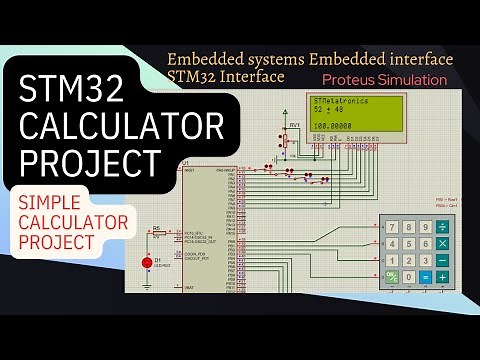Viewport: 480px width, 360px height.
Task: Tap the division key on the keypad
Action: tap(442, 226)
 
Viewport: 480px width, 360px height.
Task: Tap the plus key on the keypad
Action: tap(442, 276)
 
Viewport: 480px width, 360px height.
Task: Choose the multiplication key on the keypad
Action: tap(442, 243)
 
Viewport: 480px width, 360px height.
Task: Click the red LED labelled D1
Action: tap(147, 262)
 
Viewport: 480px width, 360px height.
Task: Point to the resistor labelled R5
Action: tap(156, 234)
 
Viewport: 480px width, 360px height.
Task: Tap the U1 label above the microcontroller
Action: tap(184, 162)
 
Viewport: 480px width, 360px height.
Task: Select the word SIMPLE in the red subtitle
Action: tap(55, 202)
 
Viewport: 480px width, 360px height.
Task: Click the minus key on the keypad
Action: tap(442, 260)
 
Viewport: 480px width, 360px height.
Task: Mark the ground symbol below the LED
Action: tap(147, 285)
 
